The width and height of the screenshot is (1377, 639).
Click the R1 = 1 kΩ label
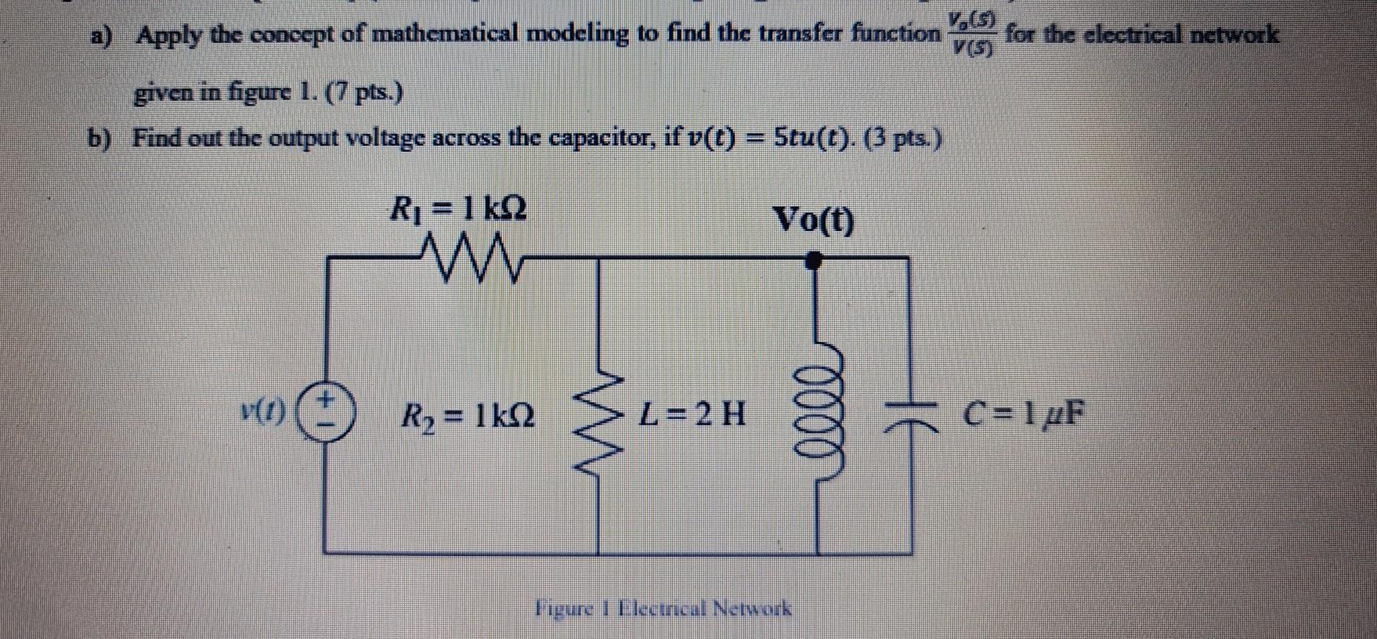pyautogui.click(x=459, y=210)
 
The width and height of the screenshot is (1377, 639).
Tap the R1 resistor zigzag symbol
pyautogui.click(x=470, y=258)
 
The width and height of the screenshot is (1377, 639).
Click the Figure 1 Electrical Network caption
pyautogui.click(x=663, y=608)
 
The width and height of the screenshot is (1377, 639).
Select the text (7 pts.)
pyautogui.click(x=367, y=95)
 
